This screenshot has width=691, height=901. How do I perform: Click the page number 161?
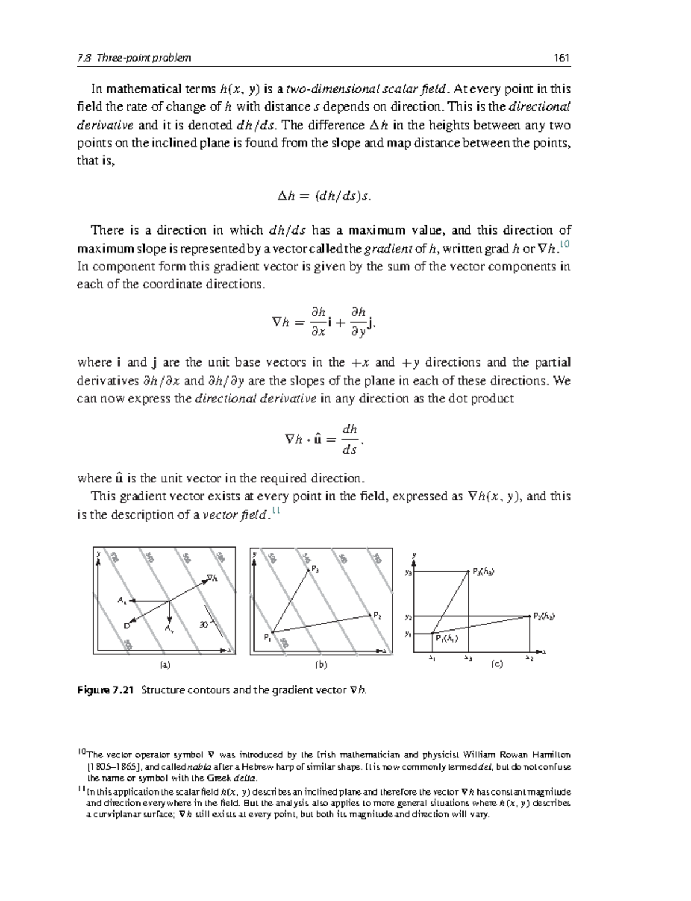tap(561, 58)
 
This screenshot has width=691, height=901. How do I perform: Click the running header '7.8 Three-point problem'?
tap(134, 58)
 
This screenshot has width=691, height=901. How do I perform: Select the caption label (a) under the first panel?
tap(165, 664)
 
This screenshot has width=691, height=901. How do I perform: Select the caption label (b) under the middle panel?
tap(321, 664)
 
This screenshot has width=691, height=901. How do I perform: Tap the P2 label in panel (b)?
tap(378, 615)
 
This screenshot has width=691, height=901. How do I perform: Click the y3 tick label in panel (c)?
tap(408, 572)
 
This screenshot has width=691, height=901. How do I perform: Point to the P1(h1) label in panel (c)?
tap(446, 638)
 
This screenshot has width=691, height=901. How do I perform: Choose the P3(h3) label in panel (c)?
tap(483, 572)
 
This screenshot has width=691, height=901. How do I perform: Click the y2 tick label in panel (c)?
tap(408, 617)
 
